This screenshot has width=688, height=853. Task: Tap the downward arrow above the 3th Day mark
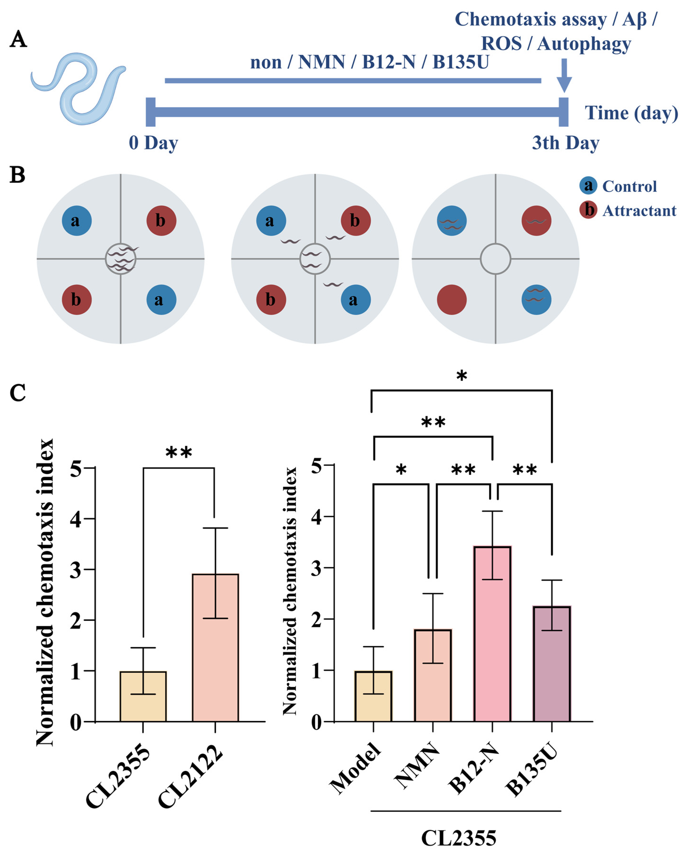point(564,75)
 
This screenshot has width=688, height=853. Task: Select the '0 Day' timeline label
point(153,143)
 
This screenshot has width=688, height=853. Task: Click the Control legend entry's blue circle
point(588,185)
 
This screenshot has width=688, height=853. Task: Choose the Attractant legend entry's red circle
point(588,210)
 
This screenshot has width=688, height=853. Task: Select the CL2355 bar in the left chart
point(143,697)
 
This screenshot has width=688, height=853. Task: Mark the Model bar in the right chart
point(373,697)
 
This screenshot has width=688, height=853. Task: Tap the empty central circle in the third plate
point(495,259)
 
